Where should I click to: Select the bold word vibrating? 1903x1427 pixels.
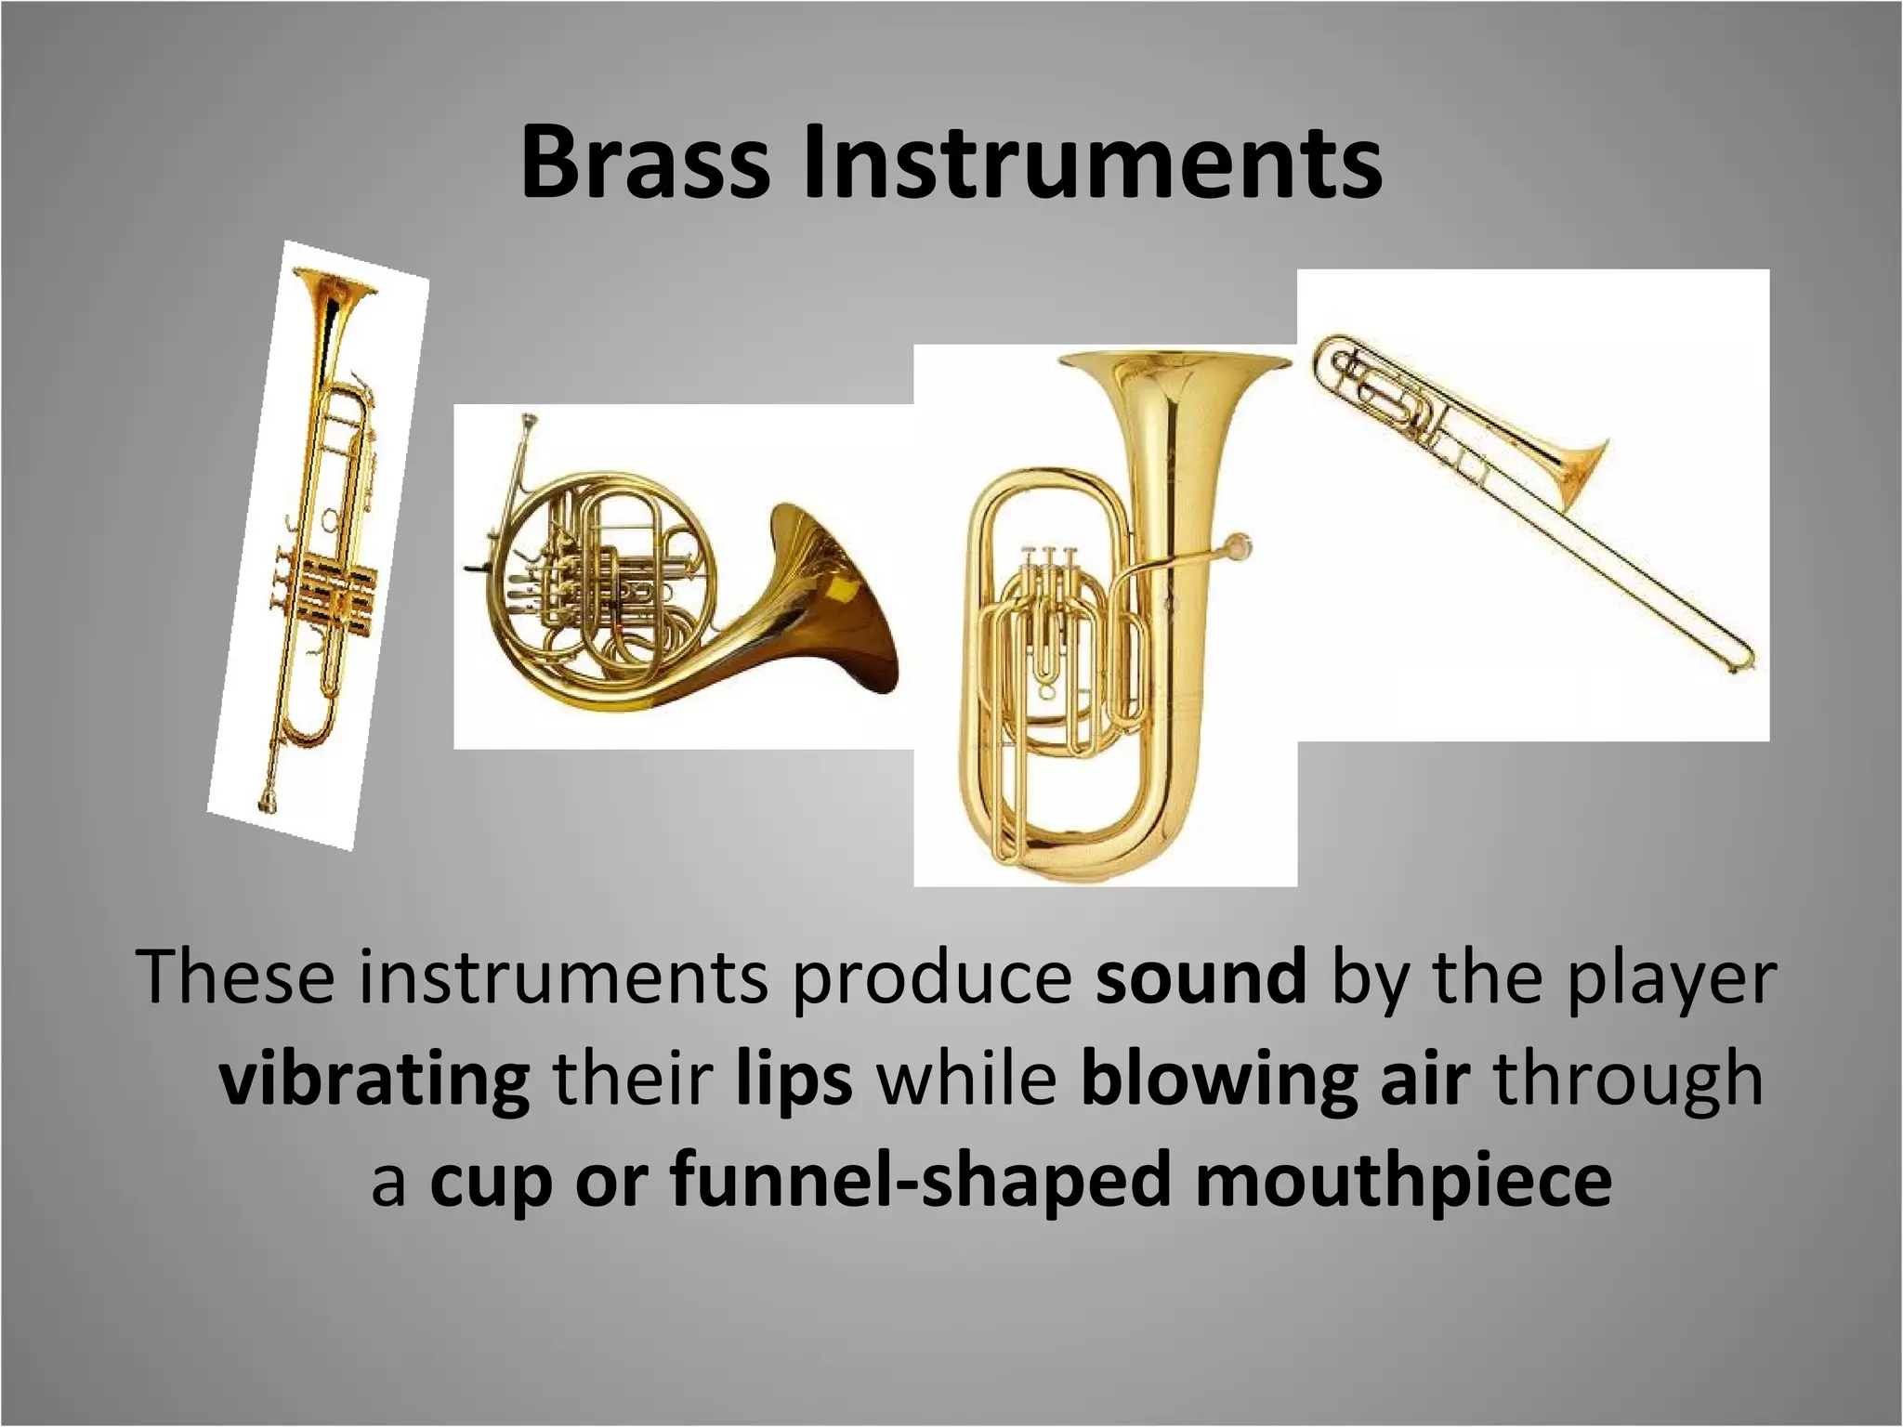pos(374,1081)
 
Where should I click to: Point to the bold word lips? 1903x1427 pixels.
pos(794,1080)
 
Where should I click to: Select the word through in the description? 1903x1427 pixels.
pos(1631,1081)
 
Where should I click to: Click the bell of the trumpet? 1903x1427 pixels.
pos(334,284)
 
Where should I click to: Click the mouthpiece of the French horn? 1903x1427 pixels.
pos(531,426)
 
